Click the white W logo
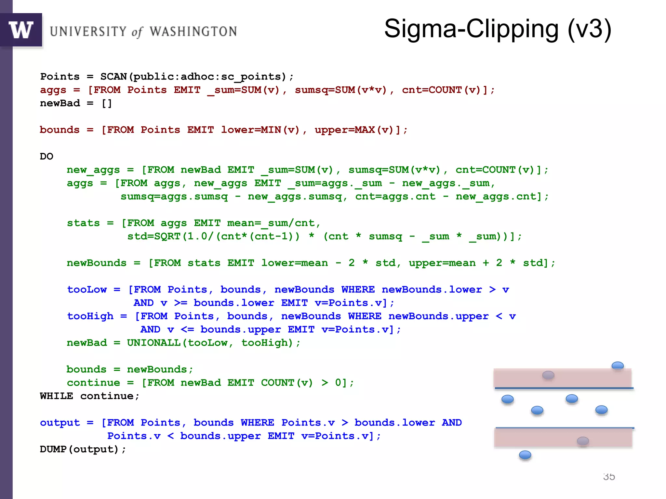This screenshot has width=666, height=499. pyautogui.click(x=21, y=30)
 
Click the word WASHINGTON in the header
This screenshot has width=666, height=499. pyautogui.click(x=193, y=32)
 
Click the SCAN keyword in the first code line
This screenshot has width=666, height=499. pyautogui.click(x=113, y=77)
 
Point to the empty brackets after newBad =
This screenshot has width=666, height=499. pyautogui.click(x=107, y=103)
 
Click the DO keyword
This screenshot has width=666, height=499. pyautogui.click(x=47, y=157)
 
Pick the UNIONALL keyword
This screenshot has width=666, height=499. pyautogui.click(x=153, y=343)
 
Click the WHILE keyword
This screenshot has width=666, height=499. pyautogui.click(x=57, y=396)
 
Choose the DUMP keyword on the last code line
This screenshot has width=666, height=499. pyautogui.click(x=53, y=450)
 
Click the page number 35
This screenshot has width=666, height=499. pyautogui.click(x=609, y=477)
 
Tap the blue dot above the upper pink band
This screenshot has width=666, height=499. pyautogui.click(x=618, y=366)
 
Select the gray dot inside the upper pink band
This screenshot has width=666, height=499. pyautogui.click(x=548, y=376)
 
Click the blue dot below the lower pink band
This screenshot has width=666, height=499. pyautogui.click(x=525, y=455)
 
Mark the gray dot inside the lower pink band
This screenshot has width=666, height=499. pyautogui.click(x=583, y=441)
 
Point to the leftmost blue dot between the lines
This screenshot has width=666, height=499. pyautogui.click(x=508, y=399)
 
